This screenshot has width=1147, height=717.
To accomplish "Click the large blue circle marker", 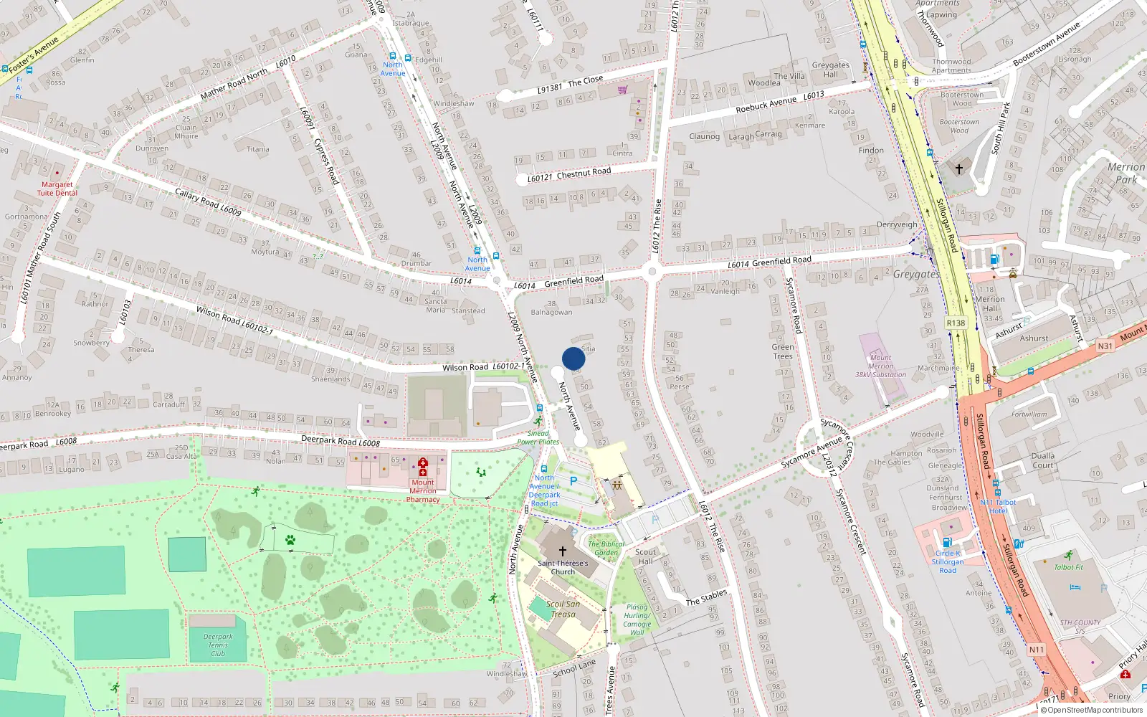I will point(573,358).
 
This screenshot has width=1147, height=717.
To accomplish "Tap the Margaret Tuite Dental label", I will point(57,189).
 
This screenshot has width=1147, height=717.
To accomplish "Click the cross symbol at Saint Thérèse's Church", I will point(563,551).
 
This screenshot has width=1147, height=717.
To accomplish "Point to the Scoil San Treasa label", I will point(563,609).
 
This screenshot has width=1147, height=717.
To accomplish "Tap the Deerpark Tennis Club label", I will point(218,645).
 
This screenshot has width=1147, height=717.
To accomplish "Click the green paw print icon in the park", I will point(290,540).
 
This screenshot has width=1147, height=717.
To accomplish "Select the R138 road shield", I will point(956,323).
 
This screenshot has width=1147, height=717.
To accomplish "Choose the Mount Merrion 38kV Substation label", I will point(880,366).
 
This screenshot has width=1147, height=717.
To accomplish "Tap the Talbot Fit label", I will point(1069,567).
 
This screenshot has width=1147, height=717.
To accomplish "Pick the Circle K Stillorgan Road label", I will point(948,561).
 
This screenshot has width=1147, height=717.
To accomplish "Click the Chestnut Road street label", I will point(584,172).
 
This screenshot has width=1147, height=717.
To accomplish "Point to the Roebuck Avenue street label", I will point(766,104).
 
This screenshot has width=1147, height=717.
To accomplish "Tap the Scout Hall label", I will point(645,556).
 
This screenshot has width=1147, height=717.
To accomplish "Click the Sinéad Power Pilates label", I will point(538,437).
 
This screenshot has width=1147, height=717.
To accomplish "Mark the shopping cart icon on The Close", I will point(622,90).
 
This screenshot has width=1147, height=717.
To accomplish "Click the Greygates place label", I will point(915,274).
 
